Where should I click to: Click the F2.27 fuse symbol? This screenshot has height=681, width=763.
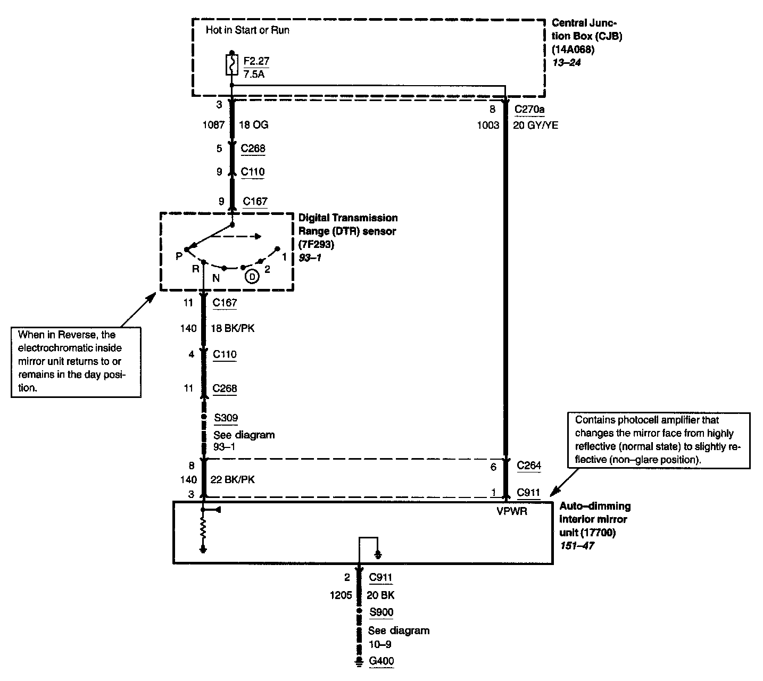(x=231, y=65)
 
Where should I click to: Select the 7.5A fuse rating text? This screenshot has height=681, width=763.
(x=254, y=74)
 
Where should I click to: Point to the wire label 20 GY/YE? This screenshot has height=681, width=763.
(x=535, y=126)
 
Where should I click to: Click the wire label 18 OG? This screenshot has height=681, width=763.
(x=254, y=126)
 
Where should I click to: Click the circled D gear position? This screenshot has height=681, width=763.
(x=252, y=277)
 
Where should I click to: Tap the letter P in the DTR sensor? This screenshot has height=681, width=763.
(x=179, y=256)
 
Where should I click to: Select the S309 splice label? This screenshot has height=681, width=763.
(x=226, y=418)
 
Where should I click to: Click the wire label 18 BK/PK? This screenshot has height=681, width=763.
(x=233, y=329)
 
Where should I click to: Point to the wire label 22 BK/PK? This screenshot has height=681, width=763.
(x=233, y=480)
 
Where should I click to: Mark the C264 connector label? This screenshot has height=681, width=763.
(x=529, y=466)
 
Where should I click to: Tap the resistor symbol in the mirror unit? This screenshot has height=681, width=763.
(x=203, y=529)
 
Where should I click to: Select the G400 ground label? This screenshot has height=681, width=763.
(x=381, y=661)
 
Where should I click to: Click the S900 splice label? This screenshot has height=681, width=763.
(x=381, y=612)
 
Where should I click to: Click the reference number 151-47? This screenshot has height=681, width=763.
(x=577, y=545)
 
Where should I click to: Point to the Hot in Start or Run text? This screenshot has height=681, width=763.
(x=247, y=30)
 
